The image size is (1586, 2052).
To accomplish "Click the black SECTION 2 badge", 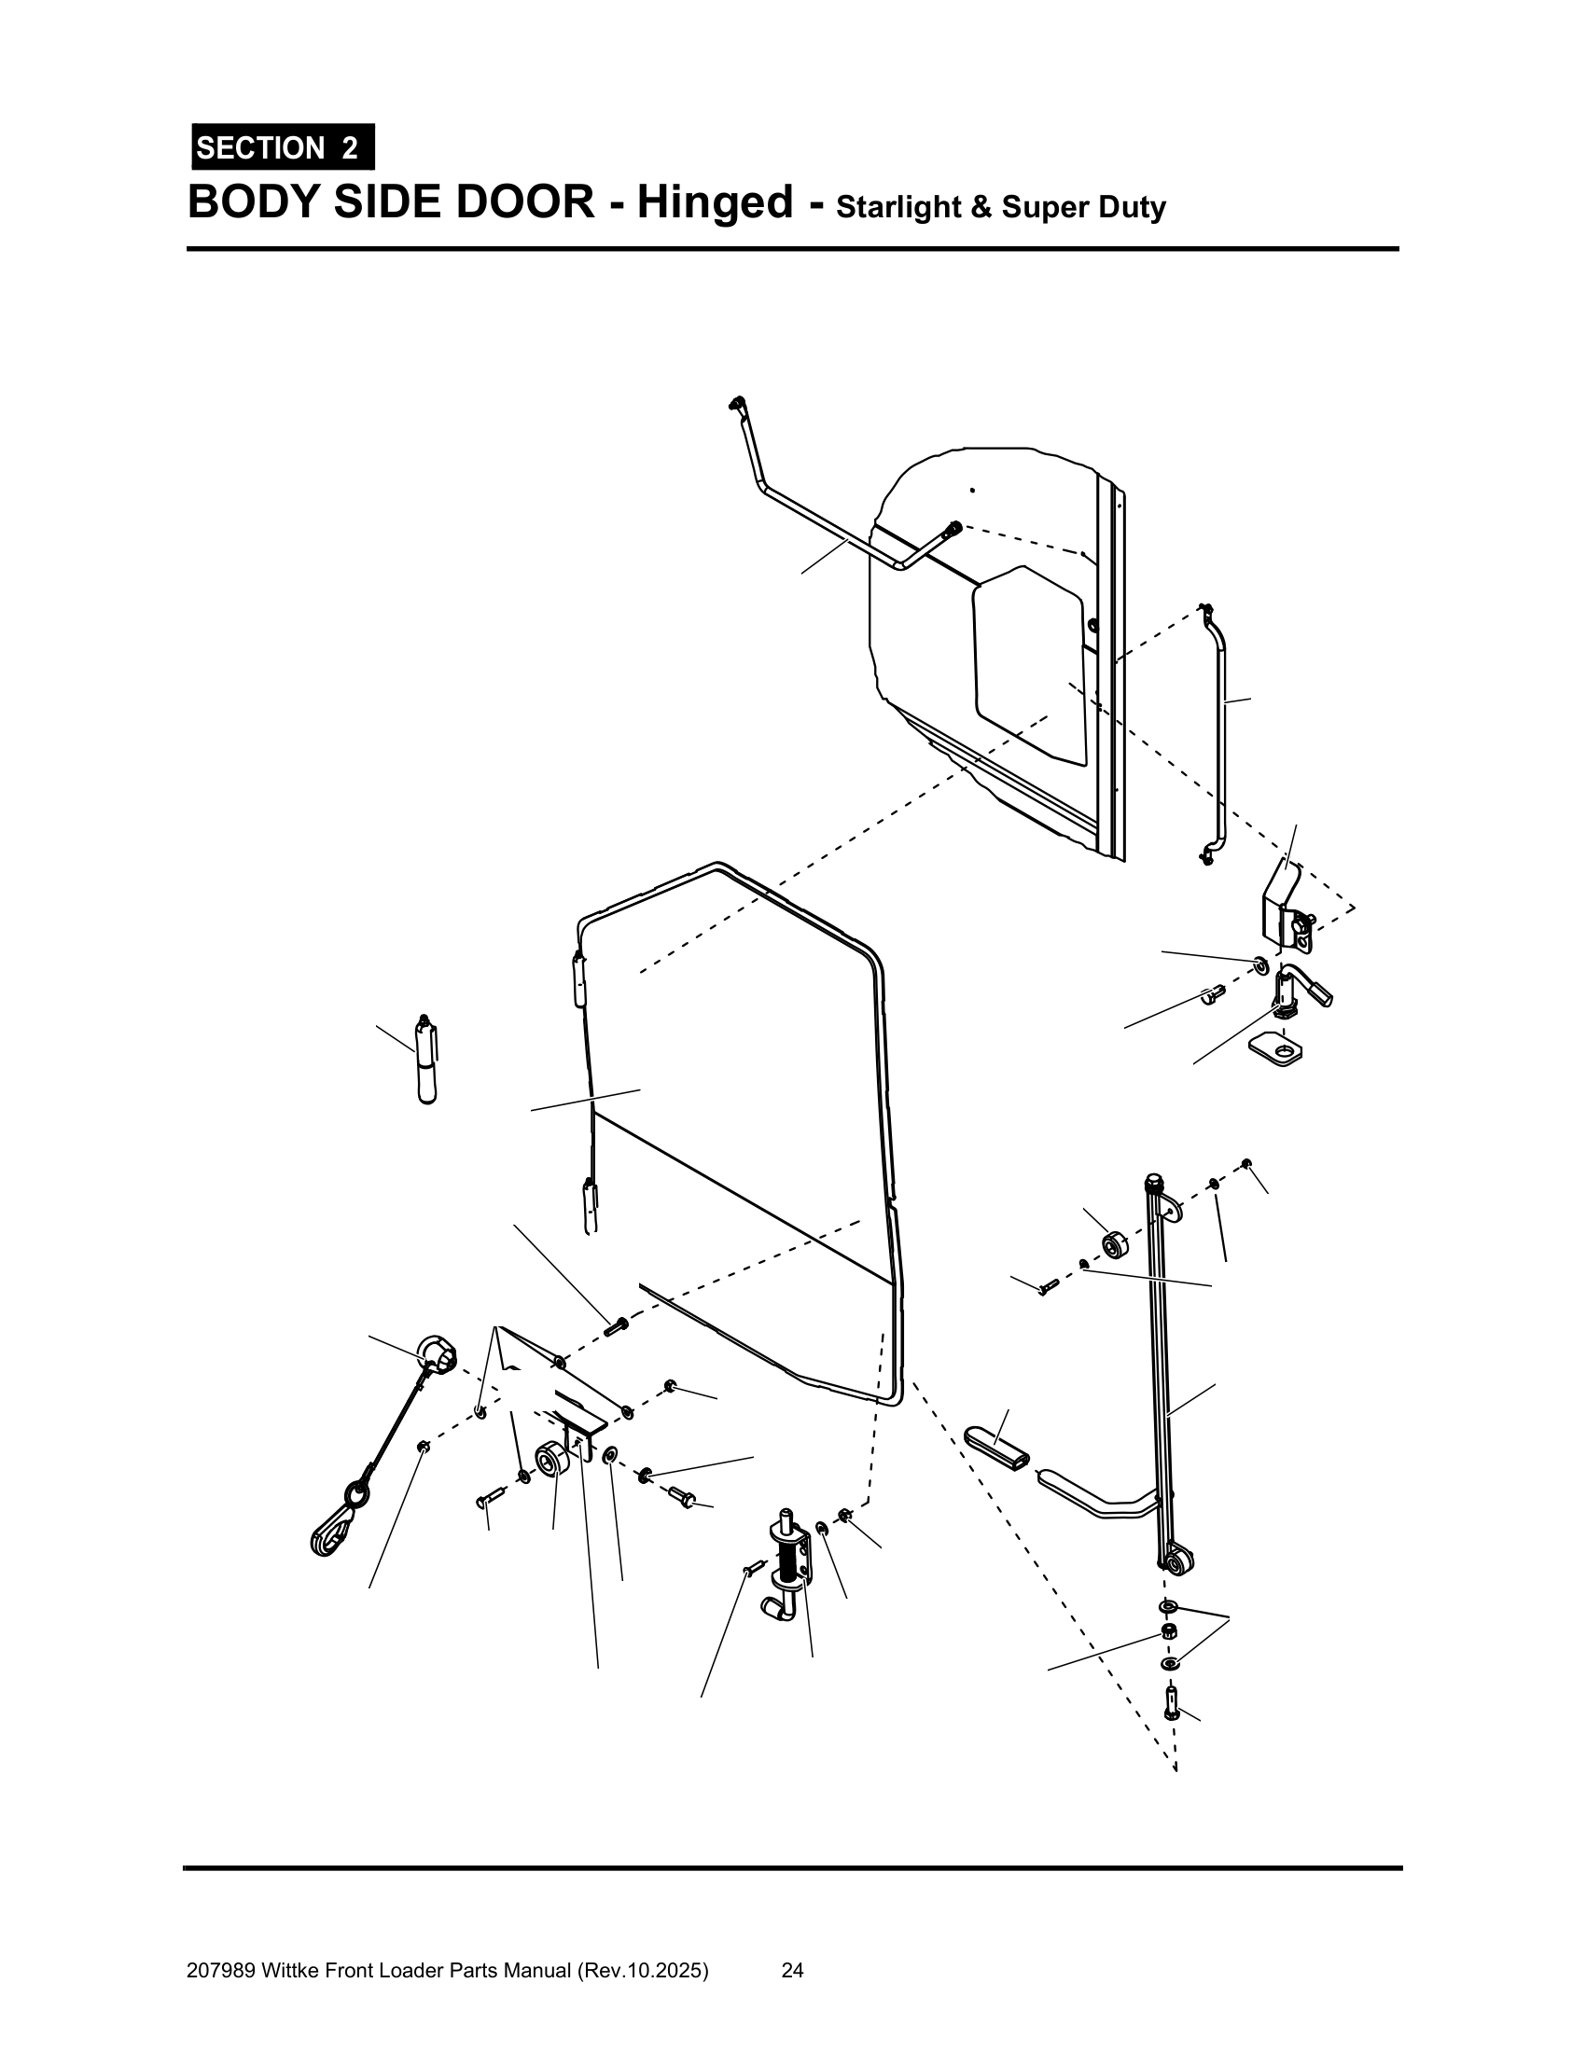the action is click(283, 147).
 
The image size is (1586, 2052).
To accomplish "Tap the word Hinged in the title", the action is click(715, 203).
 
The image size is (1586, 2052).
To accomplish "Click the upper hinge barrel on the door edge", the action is click(577, 978).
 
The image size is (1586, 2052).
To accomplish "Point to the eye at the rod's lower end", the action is click(1176, 1561).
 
